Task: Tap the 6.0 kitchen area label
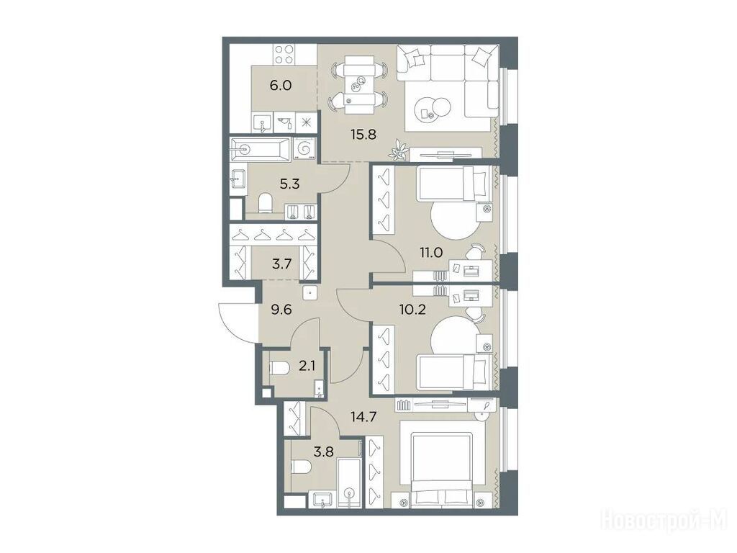[x=281, y=86]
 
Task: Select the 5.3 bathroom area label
[x=289, y=184]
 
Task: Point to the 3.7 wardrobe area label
[x=282, y=264]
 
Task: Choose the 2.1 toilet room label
[x=307, y=365]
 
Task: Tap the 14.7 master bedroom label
[x=363, y=416]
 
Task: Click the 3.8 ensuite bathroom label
[x=323, y=452]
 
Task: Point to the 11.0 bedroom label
[x=431, y=253]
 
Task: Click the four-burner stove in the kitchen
[x=284, y=54]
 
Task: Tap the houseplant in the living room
[x=399, y=150]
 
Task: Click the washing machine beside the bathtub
[x=304, y=149]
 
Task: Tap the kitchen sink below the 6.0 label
[x=262, y=123]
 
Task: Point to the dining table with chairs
[x=360, y=85]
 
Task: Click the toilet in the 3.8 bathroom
[x=302, y=467]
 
